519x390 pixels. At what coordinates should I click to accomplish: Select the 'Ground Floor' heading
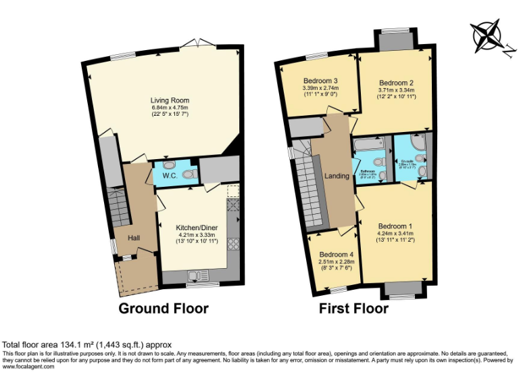click(163, 309)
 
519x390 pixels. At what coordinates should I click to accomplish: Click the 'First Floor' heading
click(354, 309)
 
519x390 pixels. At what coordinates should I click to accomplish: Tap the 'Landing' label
click(337, 176)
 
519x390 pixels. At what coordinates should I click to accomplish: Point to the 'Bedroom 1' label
click(395, 226)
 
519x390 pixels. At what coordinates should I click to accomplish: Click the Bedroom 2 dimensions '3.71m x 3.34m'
click(396, 89)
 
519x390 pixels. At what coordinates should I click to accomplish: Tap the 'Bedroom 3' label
click(320, 81)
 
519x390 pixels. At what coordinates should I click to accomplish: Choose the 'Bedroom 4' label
click(337, 255)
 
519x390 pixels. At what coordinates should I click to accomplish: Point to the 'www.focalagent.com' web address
click(28, 368)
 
